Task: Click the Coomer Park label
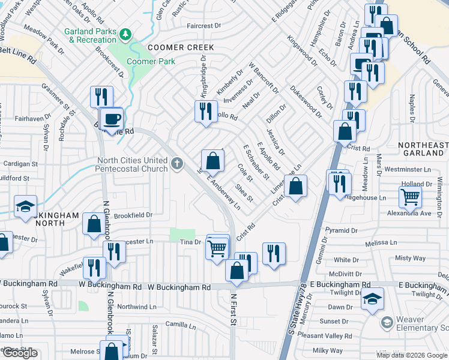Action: (151, 61)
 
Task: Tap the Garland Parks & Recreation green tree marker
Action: (125, 34)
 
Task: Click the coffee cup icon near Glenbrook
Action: (112, 119)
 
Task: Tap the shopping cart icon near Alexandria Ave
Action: (410, 196)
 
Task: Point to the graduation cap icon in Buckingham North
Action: (26, 206)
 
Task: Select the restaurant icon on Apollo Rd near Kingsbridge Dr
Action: (205, 111)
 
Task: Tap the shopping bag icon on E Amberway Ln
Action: (212, 160)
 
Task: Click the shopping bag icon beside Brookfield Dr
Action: (94, 224)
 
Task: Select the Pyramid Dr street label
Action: (341, 230)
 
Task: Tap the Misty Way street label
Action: (411, 258)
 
